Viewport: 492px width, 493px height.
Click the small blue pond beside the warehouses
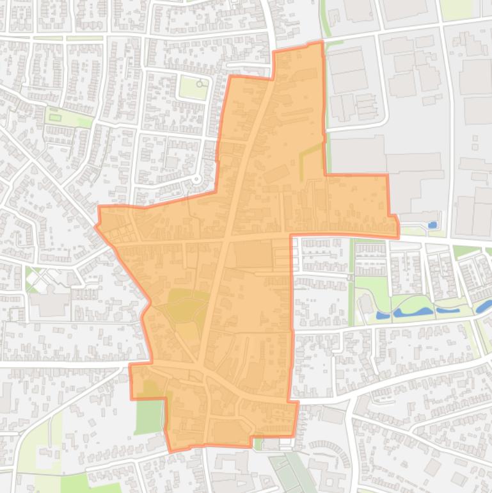point(432,225)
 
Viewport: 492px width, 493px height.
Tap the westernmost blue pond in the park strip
point(383,315)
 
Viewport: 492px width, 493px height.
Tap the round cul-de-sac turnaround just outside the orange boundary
point(197,179)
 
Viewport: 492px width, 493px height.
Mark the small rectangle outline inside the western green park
point(56,117)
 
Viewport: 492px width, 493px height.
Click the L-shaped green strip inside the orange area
point(310,154)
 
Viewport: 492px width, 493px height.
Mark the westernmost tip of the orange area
point(96,225)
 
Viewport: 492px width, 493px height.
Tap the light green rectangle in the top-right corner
point(456,8)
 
